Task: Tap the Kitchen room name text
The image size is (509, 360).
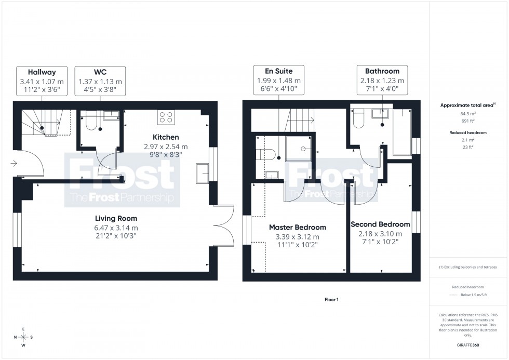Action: click(x=166, y=137)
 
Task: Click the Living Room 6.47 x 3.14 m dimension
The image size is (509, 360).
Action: click(x=116, y=228)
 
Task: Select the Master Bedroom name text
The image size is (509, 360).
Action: click(x=297, y=228)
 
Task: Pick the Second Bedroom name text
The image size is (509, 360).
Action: click(x=380, y=224)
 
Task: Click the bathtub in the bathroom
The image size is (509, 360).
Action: click(x=401, y=132)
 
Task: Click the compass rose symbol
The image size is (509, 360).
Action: click(x=23, y=337)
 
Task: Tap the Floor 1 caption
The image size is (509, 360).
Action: click(x=331, y=300)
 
